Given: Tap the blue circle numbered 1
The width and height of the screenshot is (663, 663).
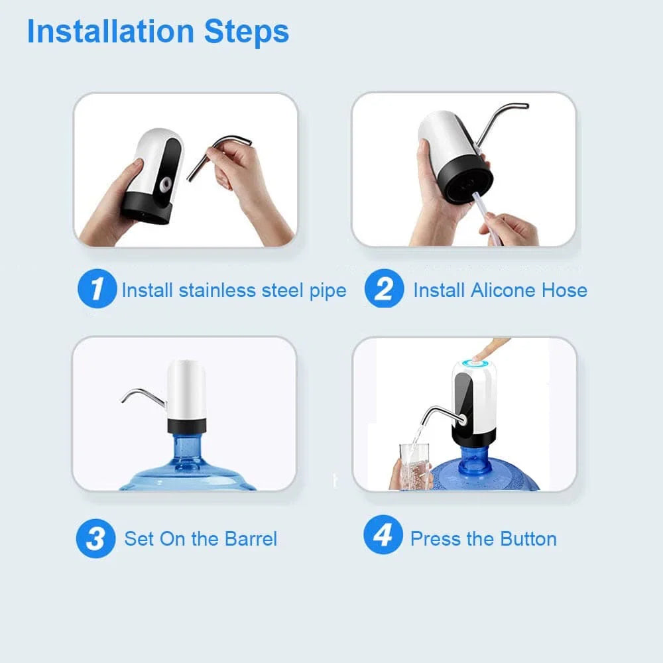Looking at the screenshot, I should (97, 290).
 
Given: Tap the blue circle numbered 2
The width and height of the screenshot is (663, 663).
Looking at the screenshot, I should (384, 290).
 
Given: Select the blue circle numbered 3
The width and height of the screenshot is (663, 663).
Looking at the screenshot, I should (95, 538).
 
